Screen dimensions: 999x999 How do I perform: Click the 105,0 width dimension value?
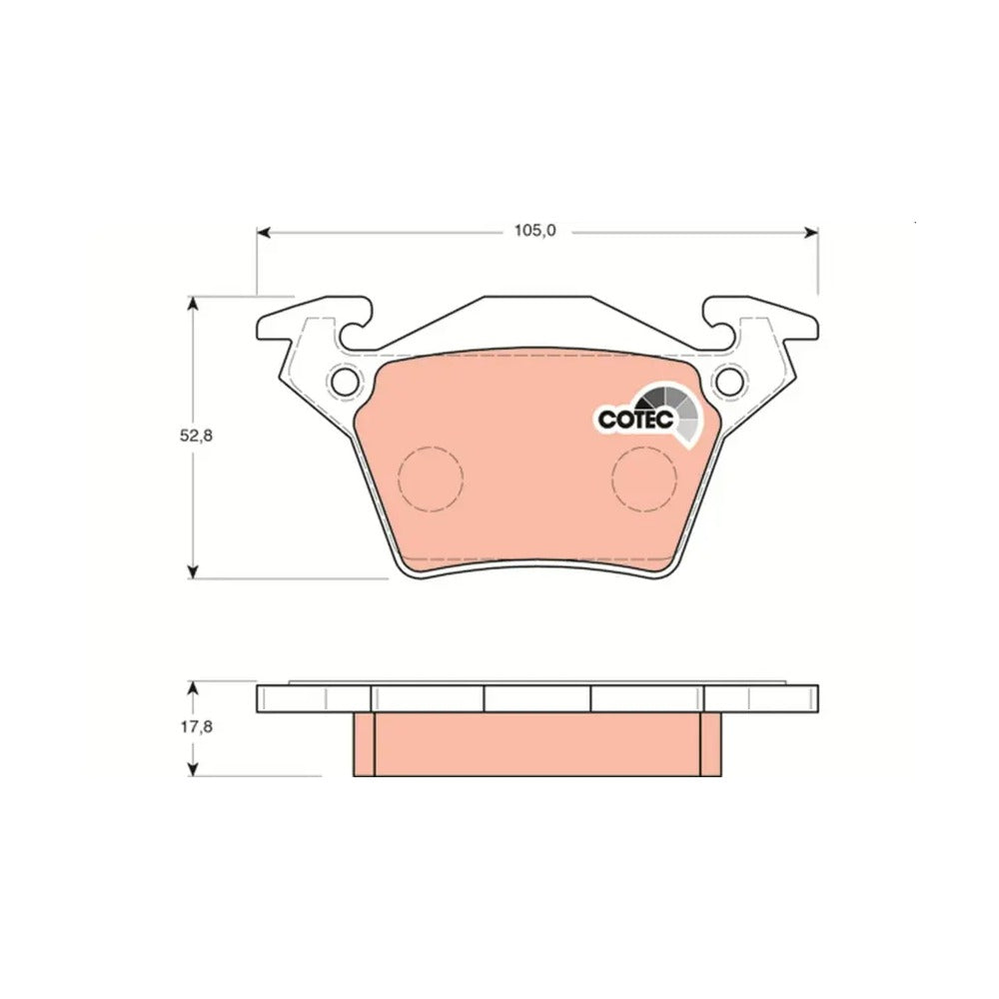(535, 231)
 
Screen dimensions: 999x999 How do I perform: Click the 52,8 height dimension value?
(195, 437)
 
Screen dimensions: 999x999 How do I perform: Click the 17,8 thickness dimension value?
(196, 726)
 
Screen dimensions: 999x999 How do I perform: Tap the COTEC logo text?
(635, 420)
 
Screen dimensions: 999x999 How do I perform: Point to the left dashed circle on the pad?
(430, 479)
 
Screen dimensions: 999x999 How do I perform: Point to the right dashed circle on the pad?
(643, 479)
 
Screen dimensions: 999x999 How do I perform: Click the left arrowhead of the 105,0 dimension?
(264, 232)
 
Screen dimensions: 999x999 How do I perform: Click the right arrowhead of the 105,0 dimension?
(810, 232)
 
